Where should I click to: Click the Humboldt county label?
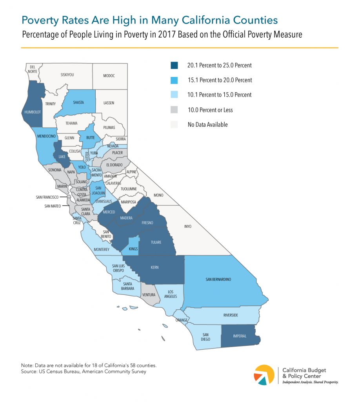click(33, 112)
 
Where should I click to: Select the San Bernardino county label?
click(218, 279)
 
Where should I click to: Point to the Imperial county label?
click(239, 336)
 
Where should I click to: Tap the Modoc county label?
click(109, 75)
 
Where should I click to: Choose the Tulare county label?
click(156, 242)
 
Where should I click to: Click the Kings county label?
click(134, 249)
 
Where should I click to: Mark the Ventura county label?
click(148, 295)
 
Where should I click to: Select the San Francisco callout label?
click(45, 197)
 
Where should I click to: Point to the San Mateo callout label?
click(52, 205)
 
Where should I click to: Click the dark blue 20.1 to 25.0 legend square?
click(174, 65)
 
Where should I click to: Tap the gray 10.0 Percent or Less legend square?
click(174, 110)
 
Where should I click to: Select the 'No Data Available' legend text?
click(207, 125)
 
